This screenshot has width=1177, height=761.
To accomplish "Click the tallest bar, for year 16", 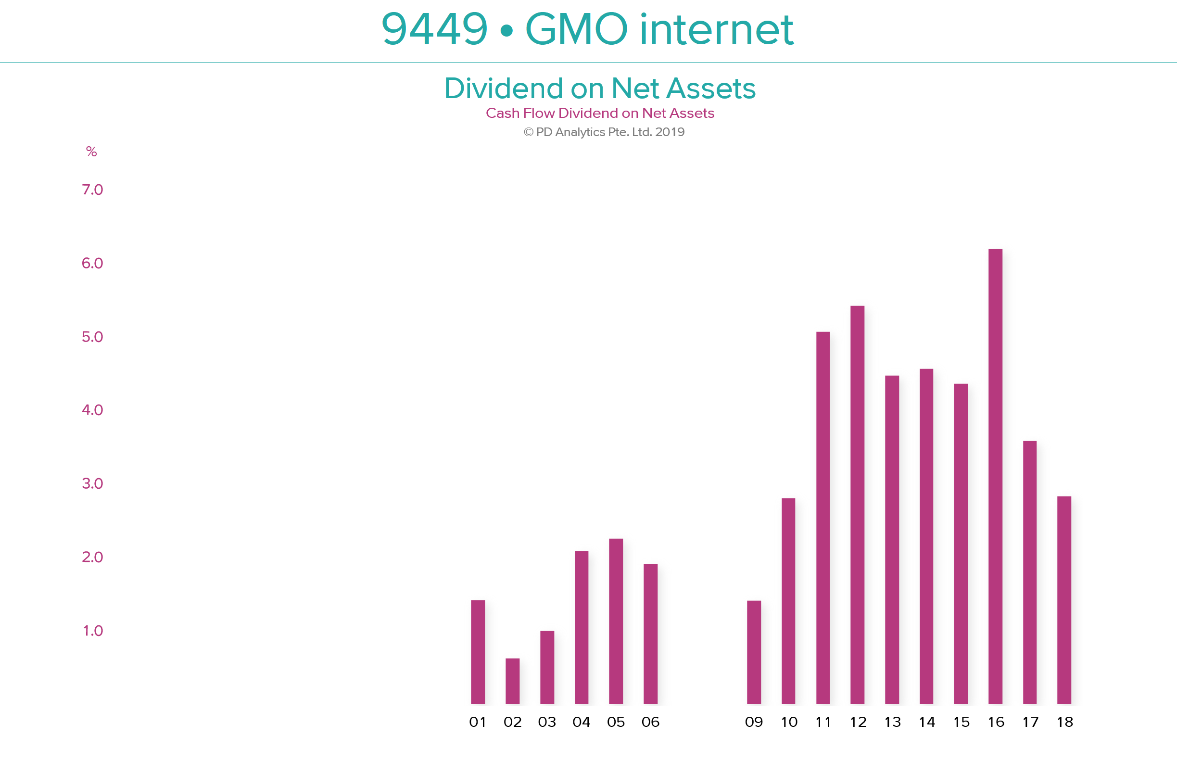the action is coord(995,476).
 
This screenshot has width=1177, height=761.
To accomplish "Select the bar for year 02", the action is coord(512,681).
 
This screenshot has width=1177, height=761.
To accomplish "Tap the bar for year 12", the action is coord(857,505).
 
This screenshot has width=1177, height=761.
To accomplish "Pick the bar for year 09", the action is coord(754,652).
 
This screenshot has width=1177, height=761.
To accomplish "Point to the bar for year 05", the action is coord(616,621).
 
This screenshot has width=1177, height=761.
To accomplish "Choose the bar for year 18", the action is coord(1064,600).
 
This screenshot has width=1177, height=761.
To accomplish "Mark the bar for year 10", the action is coord(789,601).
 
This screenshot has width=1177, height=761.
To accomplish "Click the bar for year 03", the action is coord(547,668).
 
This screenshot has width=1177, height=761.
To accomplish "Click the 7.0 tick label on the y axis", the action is coord(92,190).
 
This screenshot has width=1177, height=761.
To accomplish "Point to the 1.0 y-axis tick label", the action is coord(93,631).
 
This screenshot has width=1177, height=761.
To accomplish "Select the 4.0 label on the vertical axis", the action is coord(92,410).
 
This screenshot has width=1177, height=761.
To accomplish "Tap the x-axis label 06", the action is coord(650,723).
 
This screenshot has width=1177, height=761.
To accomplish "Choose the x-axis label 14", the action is coord(927,723).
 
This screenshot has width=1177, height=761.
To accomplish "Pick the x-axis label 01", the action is coord(478,723).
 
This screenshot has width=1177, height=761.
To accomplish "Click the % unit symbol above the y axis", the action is coord(91,152).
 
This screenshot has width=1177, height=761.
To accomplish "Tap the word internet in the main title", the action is coord(717,29).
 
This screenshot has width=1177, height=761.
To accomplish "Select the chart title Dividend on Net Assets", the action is coord(600,89).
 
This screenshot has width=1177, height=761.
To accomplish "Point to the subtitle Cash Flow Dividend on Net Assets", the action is coord(600,113).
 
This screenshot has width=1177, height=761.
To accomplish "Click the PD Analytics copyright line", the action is coord(604,132).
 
